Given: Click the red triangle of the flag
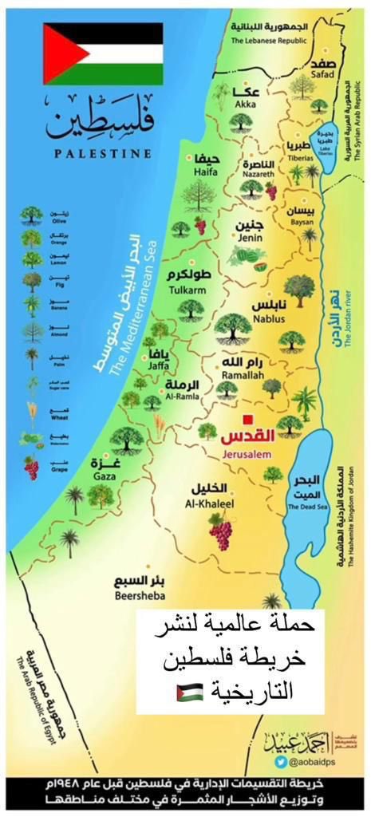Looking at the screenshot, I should pos(58,53).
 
